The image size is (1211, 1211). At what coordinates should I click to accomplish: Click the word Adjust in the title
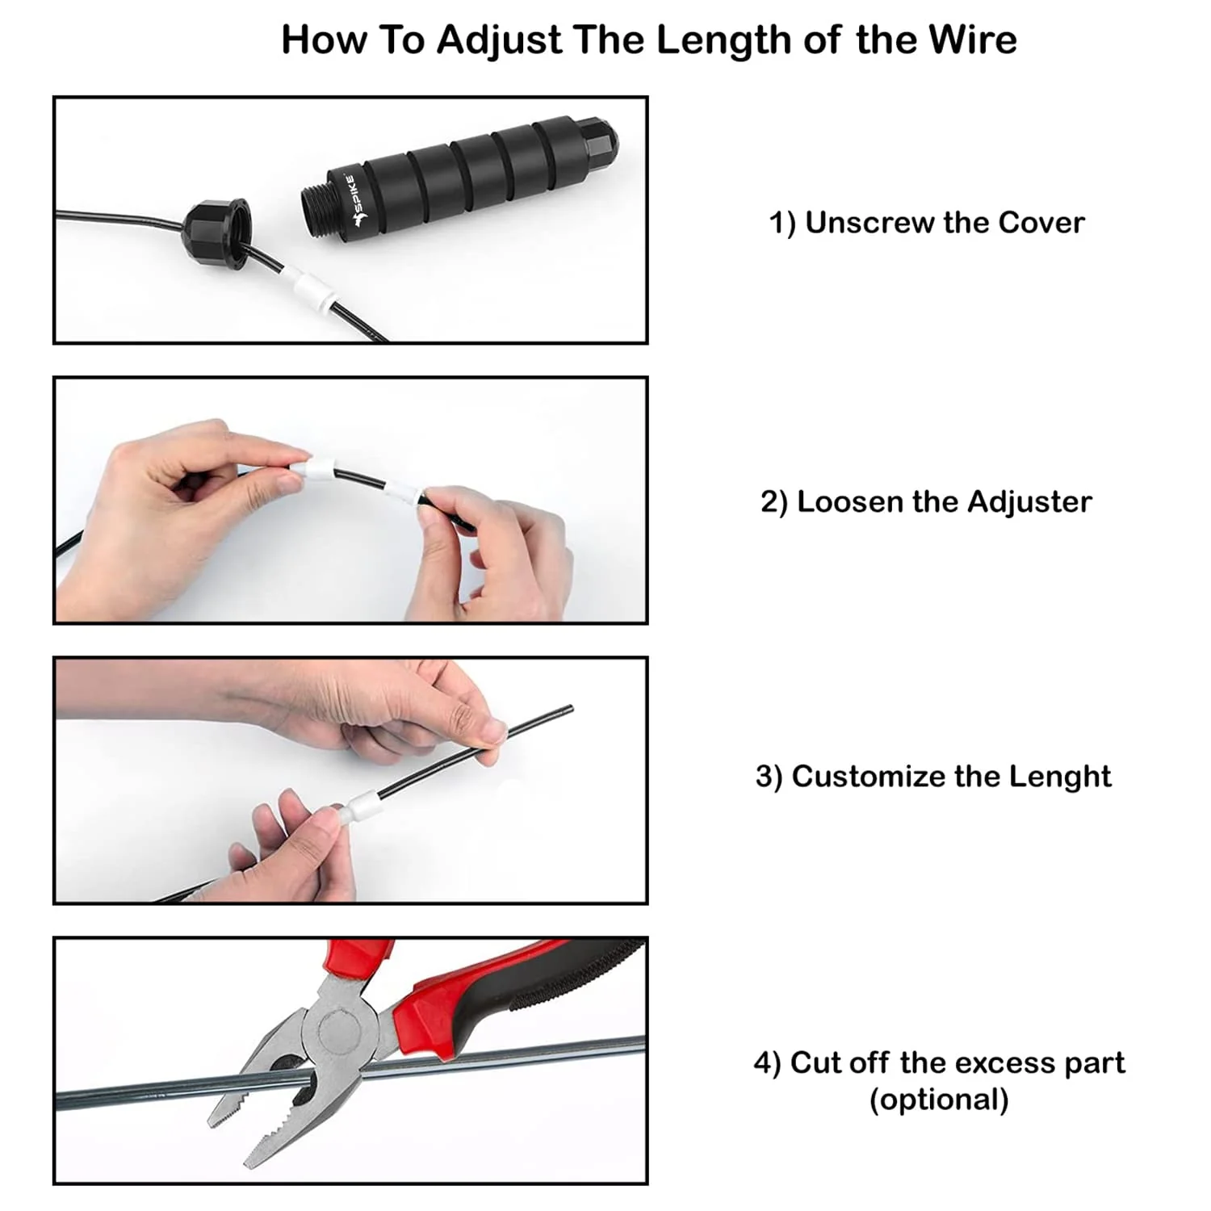tap(499, 40)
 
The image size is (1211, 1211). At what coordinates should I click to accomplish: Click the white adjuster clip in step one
tap(308, 290)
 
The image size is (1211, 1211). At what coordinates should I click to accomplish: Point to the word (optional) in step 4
tap(939, 1100)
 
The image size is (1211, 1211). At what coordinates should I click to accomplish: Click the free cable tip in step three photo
tap(568, 710)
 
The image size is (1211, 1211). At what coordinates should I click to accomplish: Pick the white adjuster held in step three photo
tap(356, 807)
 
